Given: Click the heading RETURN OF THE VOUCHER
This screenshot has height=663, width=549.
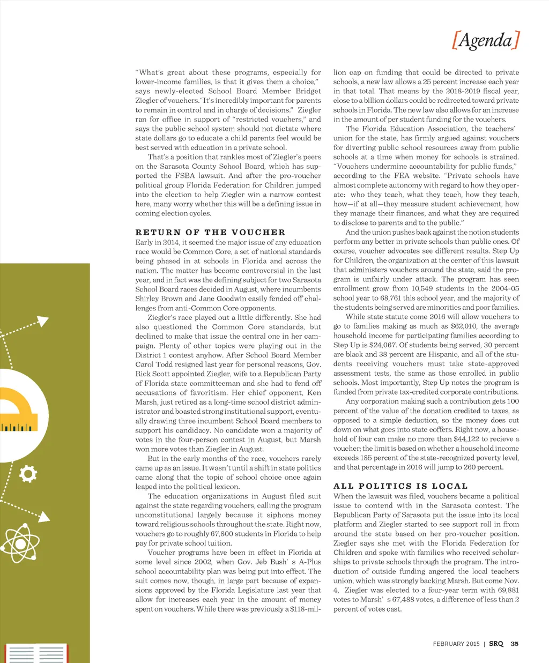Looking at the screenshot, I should [x=210, y=232].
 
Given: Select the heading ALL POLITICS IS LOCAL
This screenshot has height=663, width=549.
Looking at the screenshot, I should [x=400, y=486].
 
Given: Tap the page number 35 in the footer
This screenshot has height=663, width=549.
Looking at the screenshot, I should [x=515, y=644].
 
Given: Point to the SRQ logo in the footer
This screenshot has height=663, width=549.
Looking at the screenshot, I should [x=496, y=644].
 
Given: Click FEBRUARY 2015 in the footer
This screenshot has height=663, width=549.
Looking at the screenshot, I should [x=456, y=644].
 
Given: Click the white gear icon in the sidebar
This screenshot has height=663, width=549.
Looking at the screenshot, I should [x=27, y=474].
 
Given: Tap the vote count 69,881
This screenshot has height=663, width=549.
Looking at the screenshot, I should [x=506, y=590].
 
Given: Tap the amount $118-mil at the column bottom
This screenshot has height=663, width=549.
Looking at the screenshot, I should [x=305, y=609].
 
